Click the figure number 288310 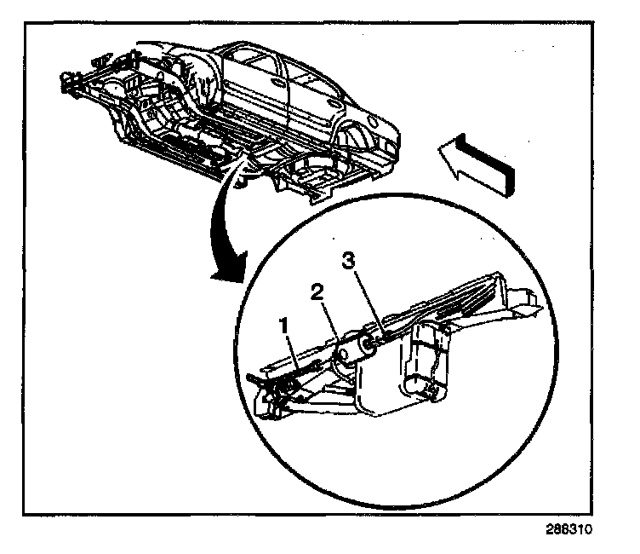(x=569, y=528)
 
